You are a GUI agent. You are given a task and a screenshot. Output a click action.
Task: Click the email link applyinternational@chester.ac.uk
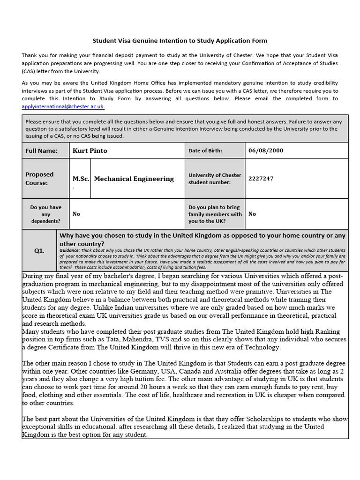click(x=63, y=106)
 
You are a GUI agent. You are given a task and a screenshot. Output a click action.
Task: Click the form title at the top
click(x=180, y=41)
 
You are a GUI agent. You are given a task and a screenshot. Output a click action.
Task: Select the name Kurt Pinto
click(x=90, y=150)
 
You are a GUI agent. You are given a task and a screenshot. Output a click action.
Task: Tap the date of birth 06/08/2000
click(x=265, y=150)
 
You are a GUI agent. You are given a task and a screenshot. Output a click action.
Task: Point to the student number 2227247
click(x=261, y=179)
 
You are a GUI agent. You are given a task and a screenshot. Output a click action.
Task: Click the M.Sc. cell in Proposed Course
click(x=81, y=179)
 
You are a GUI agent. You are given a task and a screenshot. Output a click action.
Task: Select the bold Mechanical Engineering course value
click(x=134, y=179)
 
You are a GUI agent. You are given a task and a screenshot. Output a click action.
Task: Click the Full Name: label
click(x=41, y=150)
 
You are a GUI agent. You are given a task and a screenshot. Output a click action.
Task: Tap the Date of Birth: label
click(x=205, y=150)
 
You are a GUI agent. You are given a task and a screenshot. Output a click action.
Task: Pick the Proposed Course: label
click(x=39, y=179)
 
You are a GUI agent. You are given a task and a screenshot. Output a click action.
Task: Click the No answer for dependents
click(x=76, y=214)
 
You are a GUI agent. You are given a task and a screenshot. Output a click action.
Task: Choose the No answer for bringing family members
click(x=252, y=214)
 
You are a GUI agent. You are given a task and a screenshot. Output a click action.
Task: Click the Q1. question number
click(x=39, y=251)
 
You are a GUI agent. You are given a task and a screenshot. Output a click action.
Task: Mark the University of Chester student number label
click(x=215, y=179)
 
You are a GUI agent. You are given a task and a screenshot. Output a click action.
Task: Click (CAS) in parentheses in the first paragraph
click(x=30, y=71)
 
